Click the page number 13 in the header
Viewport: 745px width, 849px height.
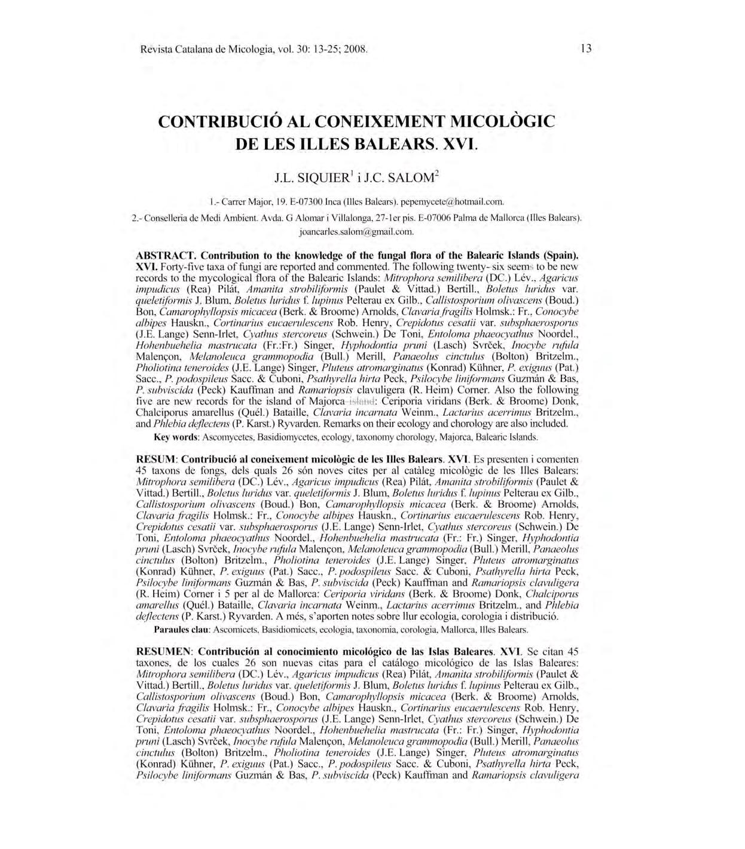coord(585,48)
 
